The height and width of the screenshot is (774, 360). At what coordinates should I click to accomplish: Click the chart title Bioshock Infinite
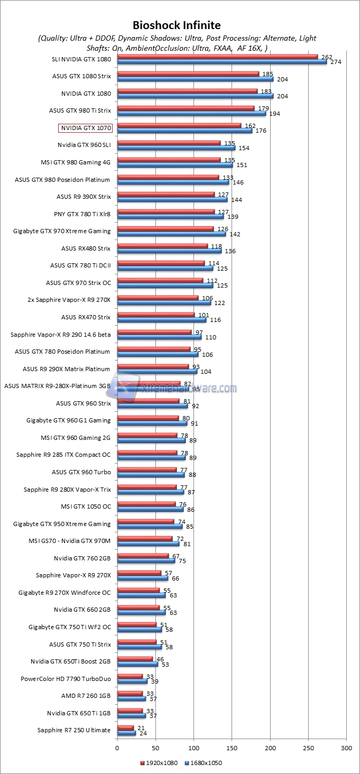[x=177, y=25]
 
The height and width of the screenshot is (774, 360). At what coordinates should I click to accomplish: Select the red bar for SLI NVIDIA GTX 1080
[x=217, y=57]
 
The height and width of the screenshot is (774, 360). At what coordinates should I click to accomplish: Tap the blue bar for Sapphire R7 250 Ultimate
[x=126, y=733]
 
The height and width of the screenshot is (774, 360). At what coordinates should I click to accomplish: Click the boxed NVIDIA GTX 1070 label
[x=85, y=128]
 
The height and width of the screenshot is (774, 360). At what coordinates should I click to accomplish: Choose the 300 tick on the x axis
[x=346, y=748]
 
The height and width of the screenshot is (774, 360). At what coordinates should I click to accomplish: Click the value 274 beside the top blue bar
[x=336, y=62]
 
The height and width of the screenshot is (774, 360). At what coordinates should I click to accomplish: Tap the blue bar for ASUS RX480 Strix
[x=169, y=251]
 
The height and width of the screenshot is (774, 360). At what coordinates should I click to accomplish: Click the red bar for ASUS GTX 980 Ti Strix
[x=186, y=108]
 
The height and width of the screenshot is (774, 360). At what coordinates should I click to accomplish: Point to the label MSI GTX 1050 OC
[x=86, y=506]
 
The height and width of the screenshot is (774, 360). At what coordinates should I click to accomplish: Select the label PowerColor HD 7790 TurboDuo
[x=66, y=678]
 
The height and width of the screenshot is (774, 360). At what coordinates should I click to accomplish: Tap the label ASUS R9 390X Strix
[x=84, y=197]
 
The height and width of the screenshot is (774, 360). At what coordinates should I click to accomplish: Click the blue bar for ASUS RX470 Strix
[x=161, y=319]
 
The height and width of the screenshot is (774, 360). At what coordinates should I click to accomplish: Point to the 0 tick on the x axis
[x=117, y=748]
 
